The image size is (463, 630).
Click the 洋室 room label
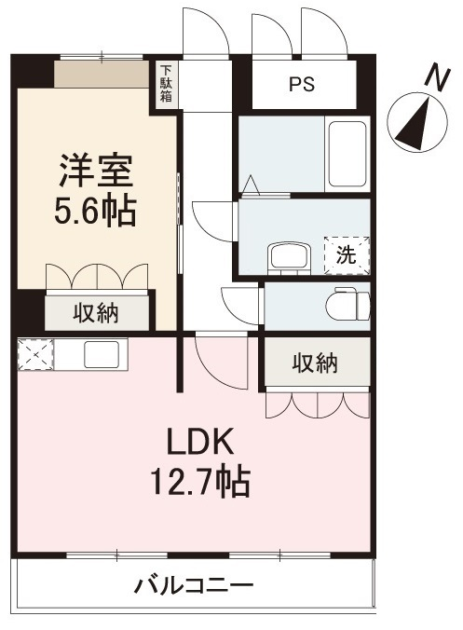(96, 171)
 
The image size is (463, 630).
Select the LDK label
(200, 441)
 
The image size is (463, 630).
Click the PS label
(302, 85)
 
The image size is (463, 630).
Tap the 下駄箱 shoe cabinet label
(166, 84)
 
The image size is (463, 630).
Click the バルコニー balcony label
(194, 585)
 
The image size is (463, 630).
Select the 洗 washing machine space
(347, 255)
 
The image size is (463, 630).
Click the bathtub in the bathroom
(347, 155)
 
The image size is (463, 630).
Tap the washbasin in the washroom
(290, 257)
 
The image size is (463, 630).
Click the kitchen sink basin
(102, 354)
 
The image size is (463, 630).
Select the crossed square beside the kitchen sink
(35, 355)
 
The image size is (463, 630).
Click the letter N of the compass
(437, 78)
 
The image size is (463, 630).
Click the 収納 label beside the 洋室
(96, 313)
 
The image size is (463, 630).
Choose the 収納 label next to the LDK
(315, 363)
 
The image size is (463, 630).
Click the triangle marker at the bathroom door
(252, 185)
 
